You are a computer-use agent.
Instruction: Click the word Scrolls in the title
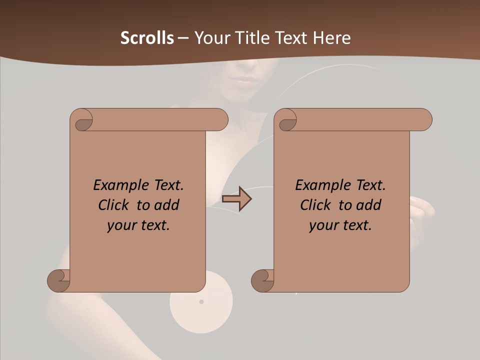[x=147, y=38]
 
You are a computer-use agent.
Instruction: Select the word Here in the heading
[x=332, y=38]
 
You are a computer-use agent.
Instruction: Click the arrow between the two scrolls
[x=236, y=199]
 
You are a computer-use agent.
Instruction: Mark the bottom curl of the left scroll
[x=59, y=280]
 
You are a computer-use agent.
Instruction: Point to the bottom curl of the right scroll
[x=262, y=280]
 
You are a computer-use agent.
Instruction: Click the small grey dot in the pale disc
[x=201, y=301]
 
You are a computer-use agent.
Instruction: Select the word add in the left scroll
[x=168, y=205]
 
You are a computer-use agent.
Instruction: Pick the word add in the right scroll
[x=370, y=205]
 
